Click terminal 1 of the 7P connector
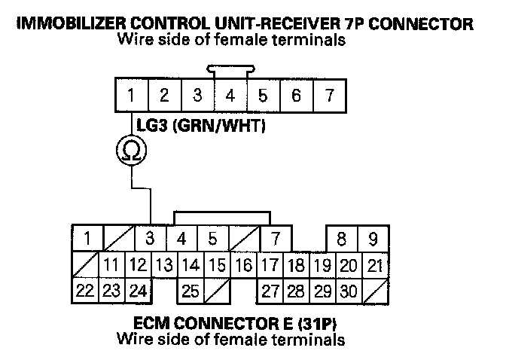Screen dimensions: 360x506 131,96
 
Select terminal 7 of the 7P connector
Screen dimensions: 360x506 328,96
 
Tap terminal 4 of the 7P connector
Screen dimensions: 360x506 230,96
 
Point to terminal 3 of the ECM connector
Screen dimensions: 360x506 150,239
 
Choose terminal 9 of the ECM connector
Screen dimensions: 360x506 372,239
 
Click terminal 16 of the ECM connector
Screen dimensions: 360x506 243,264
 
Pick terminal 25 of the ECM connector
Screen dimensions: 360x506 191,289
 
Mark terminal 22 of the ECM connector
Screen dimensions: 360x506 85,289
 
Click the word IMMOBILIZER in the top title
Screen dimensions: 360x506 69,24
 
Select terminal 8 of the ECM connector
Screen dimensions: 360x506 341,239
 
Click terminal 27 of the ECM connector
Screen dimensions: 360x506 270,289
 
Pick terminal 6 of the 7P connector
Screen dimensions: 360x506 296,96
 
